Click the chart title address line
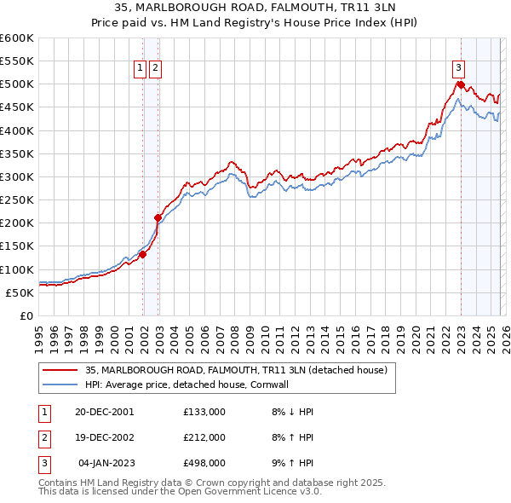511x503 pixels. click(x=255, y=9)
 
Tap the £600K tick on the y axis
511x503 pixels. click(x=17, y=38)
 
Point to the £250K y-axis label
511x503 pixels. click(x=17, y=200)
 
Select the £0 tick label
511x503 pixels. click(x=27, y=316)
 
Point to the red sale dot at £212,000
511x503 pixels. click(x=158, y=217)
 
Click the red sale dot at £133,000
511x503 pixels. click(x=143, y=254)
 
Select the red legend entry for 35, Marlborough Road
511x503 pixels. click(x=236, y=370)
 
